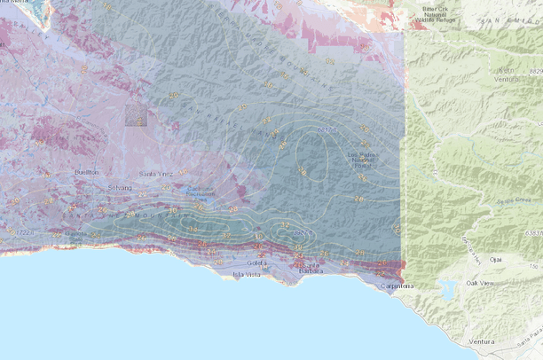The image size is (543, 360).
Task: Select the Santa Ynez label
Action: pyautogui.click(x=152, y=175)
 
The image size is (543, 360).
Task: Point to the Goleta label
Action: pyautogui.click(x=256, y=263)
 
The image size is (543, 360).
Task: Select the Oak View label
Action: pyautogui.click(x=482, y=284)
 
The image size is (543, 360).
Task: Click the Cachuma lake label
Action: pyautogui.click(x=201, y=193)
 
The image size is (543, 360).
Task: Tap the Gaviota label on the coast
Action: pyautogui.click(x=76, y=234)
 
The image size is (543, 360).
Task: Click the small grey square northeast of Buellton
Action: pyautogui.click(x=136, y=116)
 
